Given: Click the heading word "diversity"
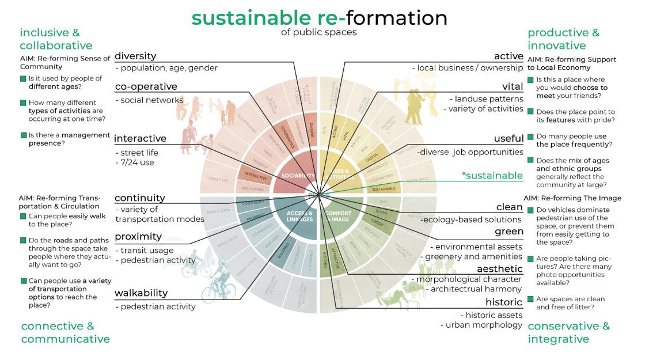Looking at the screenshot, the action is click(x=135, y=56).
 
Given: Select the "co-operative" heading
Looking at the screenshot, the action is click(x=146, y=86).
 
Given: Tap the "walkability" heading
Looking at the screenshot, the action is click(x=141, y=293).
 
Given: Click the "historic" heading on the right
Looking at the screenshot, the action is click(x=503, y=302).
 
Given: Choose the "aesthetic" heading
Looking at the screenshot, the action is click(x=499, y=269).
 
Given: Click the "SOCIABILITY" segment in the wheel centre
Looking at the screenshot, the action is click(x=298, y=176).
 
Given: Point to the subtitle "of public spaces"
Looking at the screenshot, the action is click(x=318, y=32).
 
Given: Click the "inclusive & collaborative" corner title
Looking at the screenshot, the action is click(x=56, y=39).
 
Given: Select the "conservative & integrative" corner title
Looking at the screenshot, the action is click(x=568, y=332).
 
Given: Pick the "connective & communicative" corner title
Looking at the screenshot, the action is click(x=65, y=332).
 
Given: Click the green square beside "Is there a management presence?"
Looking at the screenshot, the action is click(x=22, y=135).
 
